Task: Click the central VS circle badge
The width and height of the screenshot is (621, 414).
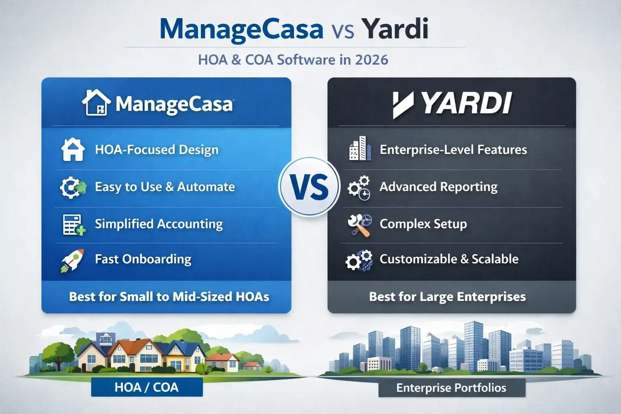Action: (x=309, y=187)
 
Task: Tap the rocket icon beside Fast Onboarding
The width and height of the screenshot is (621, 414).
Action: (x=72, y=260)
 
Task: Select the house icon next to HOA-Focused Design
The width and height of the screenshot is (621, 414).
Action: (x=73, y=150)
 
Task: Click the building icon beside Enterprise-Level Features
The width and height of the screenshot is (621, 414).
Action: (x=360, y=149)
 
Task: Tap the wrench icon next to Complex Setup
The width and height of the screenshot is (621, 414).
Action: (x=359, y=225)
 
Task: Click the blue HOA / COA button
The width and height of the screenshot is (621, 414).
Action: (x=147, y=387)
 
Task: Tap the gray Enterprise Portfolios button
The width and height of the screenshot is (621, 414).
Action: (x=451, y=388)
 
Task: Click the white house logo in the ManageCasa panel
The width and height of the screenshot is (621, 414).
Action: (x=96, y=103)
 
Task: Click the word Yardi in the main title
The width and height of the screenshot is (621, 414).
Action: (x=395, y=29)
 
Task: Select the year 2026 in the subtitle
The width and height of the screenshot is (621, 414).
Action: (x=372, y=60)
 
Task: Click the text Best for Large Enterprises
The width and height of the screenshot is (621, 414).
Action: (x=447, y=297)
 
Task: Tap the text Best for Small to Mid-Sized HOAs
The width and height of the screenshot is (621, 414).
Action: (x=169, y=297)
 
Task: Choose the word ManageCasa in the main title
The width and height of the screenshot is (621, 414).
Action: (x=241, y=29)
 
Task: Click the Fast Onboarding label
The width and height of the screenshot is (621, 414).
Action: (x=143, y=259)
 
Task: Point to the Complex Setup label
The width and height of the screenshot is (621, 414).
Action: (x=423, y=224)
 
